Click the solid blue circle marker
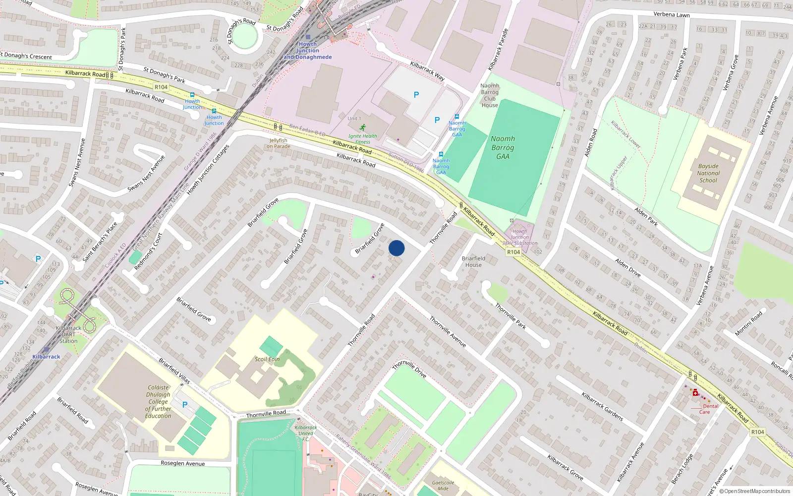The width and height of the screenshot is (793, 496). click(x=396, y=248)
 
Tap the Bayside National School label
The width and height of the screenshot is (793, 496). click(x=708, y=173)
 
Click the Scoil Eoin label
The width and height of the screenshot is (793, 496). click(x=267, y=359)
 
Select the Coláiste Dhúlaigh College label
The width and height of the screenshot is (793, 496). click(x=159, y=402)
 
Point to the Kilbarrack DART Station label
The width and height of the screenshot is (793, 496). click(x=68, y=334)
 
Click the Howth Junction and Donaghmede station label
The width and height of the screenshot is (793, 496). click(x=308, y=51)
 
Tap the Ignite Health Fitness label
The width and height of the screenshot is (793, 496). click(x=362, y=138)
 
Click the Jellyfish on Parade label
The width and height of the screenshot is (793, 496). click(x=278, y=143)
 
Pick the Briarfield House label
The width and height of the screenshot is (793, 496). click(x=473, y=261)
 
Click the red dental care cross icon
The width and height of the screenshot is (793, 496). click(x=695, y=392)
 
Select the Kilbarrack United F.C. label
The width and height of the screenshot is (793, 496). click(x=306, y=433)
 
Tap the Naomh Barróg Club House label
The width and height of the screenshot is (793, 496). click(x=490, y=95)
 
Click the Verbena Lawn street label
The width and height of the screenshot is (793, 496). click(x=672, y=14)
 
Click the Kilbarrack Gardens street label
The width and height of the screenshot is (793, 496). click(x=602, y=407)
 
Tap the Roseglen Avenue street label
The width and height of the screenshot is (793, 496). click(x=182, y=463)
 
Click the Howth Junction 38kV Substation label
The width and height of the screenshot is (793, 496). click(x=519, y=237)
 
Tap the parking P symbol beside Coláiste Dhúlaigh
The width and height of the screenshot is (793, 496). click(x=185, y=405)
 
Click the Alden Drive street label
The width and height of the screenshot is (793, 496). click(x=628, y=267)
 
